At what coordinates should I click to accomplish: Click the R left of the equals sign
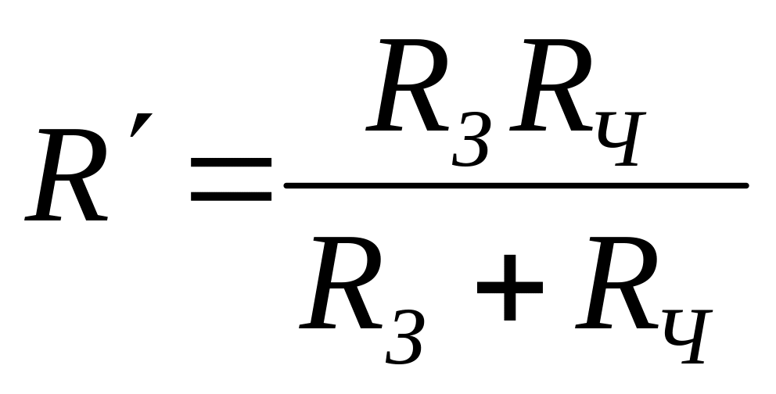(66, 175)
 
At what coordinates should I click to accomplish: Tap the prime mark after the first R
(141, 125)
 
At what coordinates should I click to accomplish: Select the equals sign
(231, 180)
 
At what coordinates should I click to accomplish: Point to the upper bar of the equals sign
(231, 163)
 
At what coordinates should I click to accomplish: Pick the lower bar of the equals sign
(231, 196)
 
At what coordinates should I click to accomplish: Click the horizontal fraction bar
(516, 185)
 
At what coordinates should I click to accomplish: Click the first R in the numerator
(407, 85)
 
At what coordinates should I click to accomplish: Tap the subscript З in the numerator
(471, 139)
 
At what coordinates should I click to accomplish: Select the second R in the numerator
(551, 85)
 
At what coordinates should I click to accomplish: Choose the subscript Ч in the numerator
(621, 139)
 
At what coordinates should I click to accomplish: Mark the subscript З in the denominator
(405, 337)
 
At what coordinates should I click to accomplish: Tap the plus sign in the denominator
(510, 287)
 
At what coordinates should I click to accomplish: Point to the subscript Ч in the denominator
(688, 337)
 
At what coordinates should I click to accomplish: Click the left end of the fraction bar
(284, 185)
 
